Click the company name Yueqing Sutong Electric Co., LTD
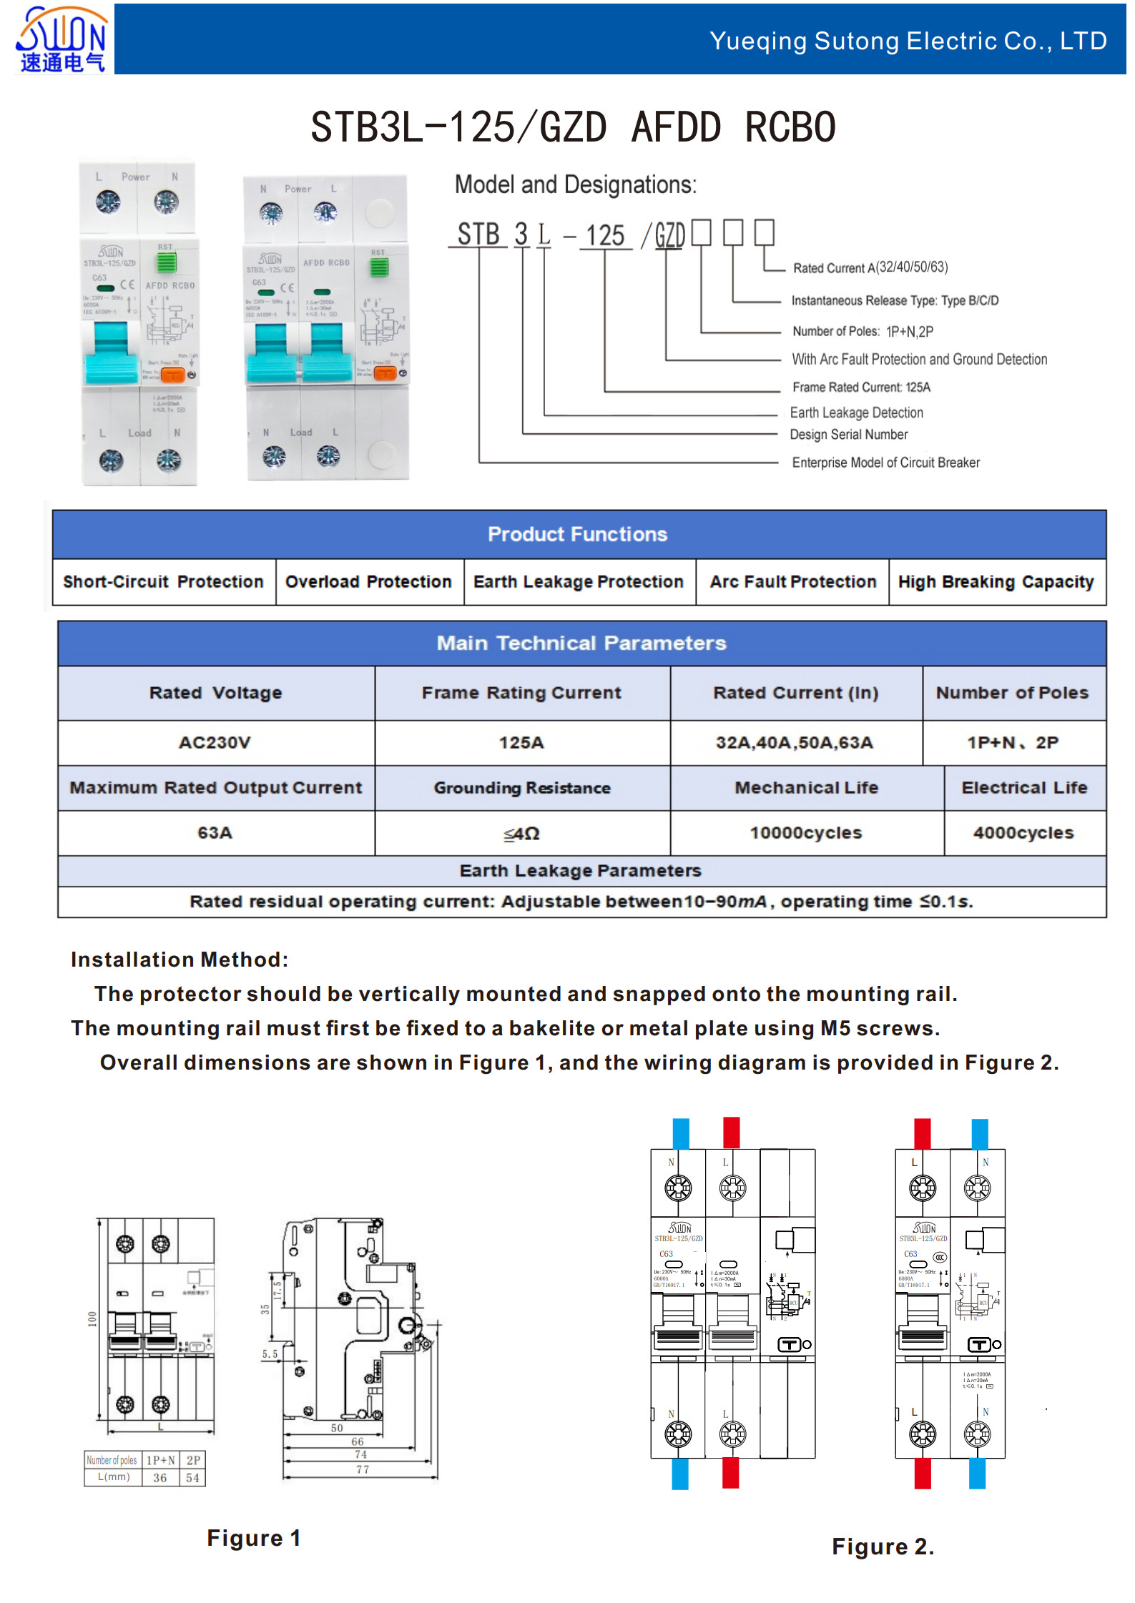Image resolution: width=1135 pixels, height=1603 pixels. click(x=908, y=41)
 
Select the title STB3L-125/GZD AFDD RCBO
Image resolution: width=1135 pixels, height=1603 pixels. click(x=573, y=127)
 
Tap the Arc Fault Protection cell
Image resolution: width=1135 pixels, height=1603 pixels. click(x=792, y=582)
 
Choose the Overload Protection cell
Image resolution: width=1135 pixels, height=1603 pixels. click(x=368, y=582)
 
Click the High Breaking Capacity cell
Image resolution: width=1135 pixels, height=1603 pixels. click(x=996, y=582)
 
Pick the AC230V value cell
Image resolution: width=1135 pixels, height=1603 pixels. click(x=215, y=743)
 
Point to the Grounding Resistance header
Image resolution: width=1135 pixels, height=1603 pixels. click(x=522, y=788)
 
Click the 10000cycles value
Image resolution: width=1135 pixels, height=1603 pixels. click(x=806, y=833)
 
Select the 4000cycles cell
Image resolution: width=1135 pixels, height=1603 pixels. click(x=1023, y=833)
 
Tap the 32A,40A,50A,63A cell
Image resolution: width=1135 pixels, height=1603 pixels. click(x=795, y=743)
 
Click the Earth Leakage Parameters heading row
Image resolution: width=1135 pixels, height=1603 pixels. click(x=580, y=871)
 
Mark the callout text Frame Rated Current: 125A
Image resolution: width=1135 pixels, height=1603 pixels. click(x=861, y=388)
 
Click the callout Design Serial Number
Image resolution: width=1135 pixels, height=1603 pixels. click(x=849, y=435)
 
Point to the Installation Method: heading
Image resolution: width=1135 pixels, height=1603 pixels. click(x=180, y=960)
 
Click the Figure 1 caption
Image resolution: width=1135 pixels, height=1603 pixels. click(x=254, y=1538)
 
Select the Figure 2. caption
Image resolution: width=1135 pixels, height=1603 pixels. click(x=883, y=1547)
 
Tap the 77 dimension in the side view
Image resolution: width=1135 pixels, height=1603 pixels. click(x=363, y=1469)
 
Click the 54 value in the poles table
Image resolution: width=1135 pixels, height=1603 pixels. click(x=192, y=1478)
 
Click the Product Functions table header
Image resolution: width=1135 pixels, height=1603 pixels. click(x=578, y=534)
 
